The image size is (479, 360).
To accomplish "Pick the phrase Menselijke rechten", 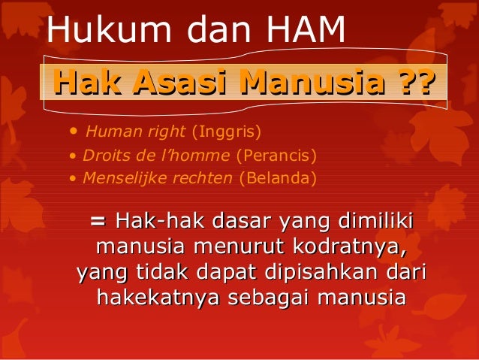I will pyautogui.click(x=158, y=178).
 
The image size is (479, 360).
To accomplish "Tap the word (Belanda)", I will pyautogui.click(x=277, y=178).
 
